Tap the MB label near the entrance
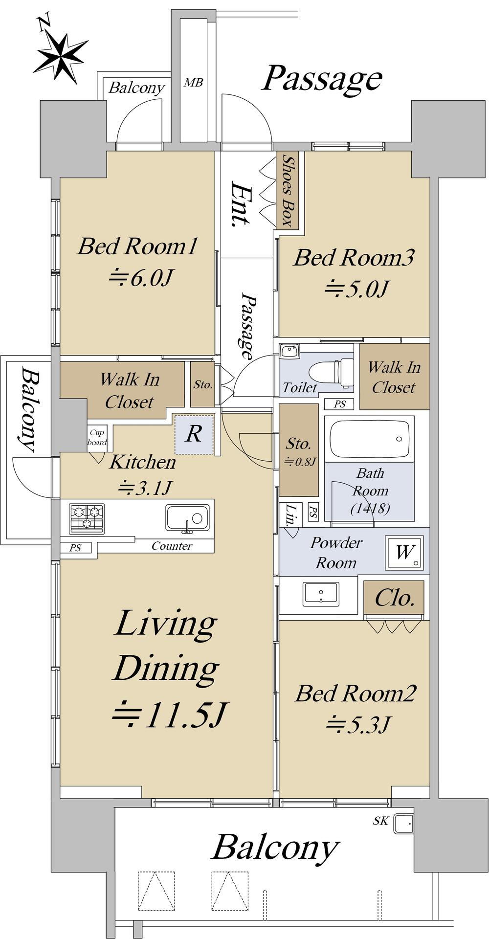pyautogui.click(x=193, y=83)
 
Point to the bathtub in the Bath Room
pyautogui.click(x=369, y=438)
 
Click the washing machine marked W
pyautogui.click(x=404, y=553)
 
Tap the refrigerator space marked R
pyautogui.click(x=194, y=434)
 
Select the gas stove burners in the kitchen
pyautogui.click(x=87, y=518)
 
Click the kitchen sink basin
pyautogui.click(x=187, y=518)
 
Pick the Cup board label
pyautogui.click(x=97, y=438)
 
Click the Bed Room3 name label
pyautogui.click(x=354, y=258)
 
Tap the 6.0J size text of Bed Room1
pyautogui.click(x=140, y=278)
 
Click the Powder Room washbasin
pyautogui.click(x=321, y=593)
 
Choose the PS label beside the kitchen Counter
pyautogui.click(x=75, y=548)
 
